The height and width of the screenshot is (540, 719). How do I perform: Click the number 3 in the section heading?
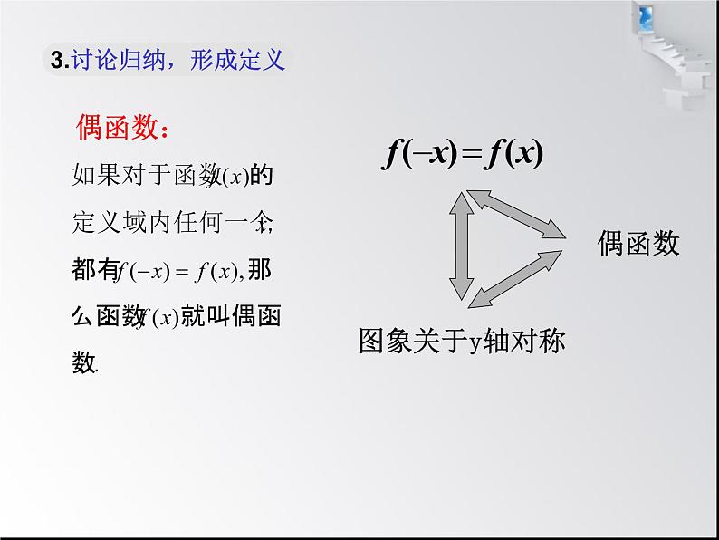tap(58, 61)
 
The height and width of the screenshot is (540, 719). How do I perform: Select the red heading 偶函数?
tap(117, 130)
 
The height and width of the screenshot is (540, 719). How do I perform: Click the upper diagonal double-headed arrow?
tap(513, 215)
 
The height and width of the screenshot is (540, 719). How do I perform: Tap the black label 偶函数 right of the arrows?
tap(638, 243)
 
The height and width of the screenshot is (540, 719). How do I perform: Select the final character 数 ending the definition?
tap(83, 363)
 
